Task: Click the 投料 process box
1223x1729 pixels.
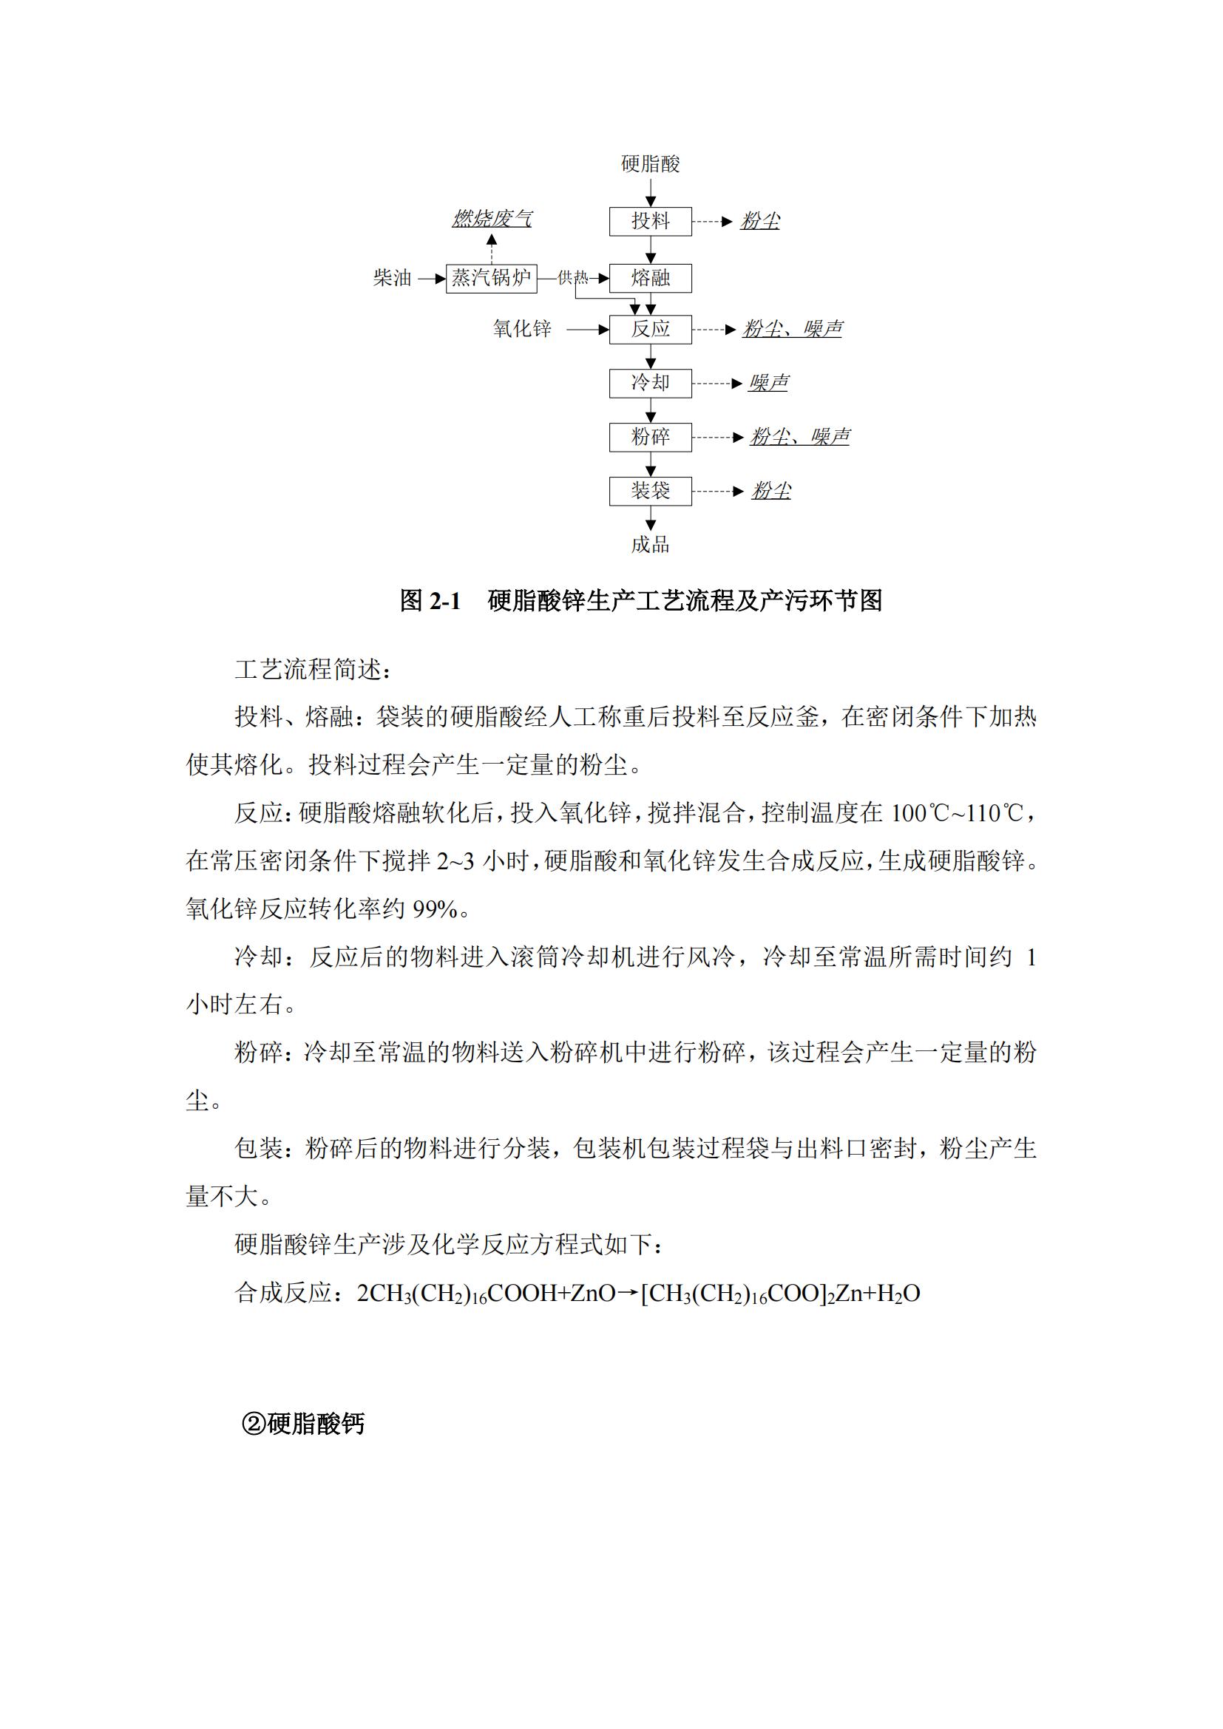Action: (x=650, y=222)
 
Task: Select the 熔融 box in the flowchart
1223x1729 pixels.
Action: (x=650, y=279)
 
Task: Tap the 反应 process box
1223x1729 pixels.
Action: (x=650, y=329)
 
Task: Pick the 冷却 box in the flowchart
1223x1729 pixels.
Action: (x=650, y=384)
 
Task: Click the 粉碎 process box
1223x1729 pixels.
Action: (x=650, y=437)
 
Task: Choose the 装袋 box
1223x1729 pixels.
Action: (x=650, y=491)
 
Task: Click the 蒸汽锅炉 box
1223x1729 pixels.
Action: (x=491, y=279)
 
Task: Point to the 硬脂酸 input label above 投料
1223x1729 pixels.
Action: (x=650, y=164)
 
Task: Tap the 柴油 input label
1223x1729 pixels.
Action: (x=393, y=279)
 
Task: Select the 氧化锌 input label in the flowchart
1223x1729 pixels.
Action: (x=522, y=329)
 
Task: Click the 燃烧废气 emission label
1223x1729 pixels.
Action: (x=492, y=219)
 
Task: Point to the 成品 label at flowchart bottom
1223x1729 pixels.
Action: (x=650, y=545)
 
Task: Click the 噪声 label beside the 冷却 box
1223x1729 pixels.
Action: (x=768, y=384)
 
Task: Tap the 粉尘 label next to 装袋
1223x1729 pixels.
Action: (x=771, y=491)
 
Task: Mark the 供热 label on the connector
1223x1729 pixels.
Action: (x=572, y=279)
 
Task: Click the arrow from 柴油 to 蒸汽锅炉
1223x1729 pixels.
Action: (x=432, y=279)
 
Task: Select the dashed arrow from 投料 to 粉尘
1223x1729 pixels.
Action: (x=711, y=222)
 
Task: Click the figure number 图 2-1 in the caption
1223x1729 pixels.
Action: (x=430, y=601)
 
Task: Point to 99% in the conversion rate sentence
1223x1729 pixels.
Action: (x=435, y=910)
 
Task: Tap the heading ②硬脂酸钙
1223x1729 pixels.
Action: (x=302, y=1424)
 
